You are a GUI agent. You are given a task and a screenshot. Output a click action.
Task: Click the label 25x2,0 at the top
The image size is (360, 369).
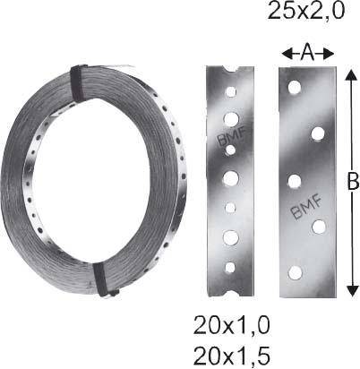click(x=305, y=13)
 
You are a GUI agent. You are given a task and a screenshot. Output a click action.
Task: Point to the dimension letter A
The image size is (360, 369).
click(x=307, y=53)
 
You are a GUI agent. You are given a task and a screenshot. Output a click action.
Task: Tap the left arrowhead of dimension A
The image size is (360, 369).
click(x=285, y=54)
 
